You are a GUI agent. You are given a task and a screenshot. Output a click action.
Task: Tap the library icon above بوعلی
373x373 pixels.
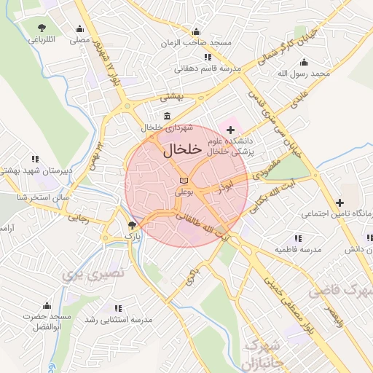[184, 180]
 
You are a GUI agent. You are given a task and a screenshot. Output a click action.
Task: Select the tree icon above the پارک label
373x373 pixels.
[131, 225]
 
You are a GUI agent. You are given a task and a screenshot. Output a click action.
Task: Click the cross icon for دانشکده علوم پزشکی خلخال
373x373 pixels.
[231, 129]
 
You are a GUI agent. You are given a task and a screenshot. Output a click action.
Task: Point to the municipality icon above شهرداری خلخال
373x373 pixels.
[168, 117]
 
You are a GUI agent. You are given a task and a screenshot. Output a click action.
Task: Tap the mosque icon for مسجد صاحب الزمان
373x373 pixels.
[195, 31]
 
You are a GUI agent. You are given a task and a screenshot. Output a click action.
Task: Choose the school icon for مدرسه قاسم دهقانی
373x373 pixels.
[208, 57]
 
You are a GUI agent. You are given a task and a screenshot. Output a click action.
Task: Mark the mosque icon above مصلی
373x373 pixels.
[79, 29]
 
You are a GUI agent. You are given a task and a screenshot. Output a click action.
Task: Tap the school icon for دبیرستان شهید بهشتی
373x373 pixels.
[34, 158]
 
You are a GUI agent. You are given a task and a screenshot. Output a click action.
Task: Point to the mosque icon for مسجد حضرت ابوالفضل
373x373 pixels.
[47, 305]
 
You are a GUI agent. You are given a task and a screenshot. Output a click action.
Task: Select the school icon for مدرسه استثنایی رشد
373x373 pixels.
[118, 308]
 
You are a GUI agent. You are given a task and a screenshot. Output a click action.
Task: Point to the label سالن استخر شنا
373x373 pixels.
[24, 197]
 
